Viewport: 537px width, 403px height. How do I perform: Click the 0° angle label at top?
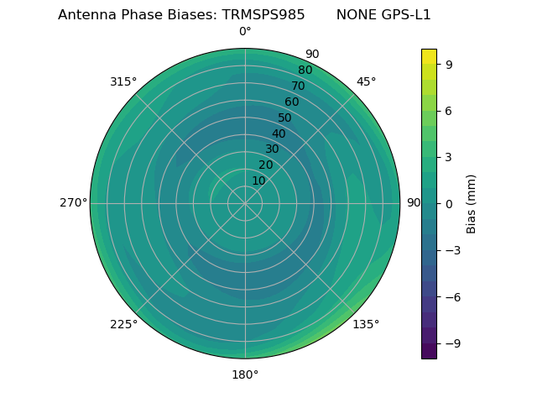coord(245,32)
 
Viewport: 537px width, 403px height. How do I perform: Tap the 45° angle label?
coord(366,81)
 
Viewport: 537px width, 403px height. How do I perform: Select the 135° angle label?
coord(366,324)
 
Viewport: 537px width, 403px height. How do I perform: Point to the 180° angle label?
coord(245,374)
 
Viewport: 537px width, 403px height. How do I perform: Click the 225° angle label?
coord(123,324)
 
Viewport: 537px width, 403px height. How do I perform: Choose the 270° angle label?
coord(73,203)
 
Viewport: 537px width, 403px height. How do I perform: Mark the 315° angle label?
coord(123,81)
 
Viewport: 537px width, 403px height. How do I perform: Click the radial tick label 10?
coord(258,181)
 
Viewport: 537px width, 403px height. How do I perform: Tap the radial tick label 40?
coord(279,133)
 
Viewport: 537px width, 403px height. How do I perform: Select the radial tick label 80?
coord(305,70)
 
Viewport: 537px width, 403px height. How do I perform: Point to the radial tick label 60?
coord(291,102)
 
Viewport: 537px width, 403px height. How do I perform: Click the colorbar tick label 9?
coord(450,64)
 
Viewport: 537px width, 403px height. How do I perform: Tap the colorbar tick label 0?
coord(450,203)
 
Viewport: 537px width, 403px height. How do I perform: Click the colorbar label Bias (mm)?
coord(472,203)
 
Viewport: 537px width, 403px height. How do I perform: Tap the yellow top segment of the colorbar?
coord(429,55)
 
